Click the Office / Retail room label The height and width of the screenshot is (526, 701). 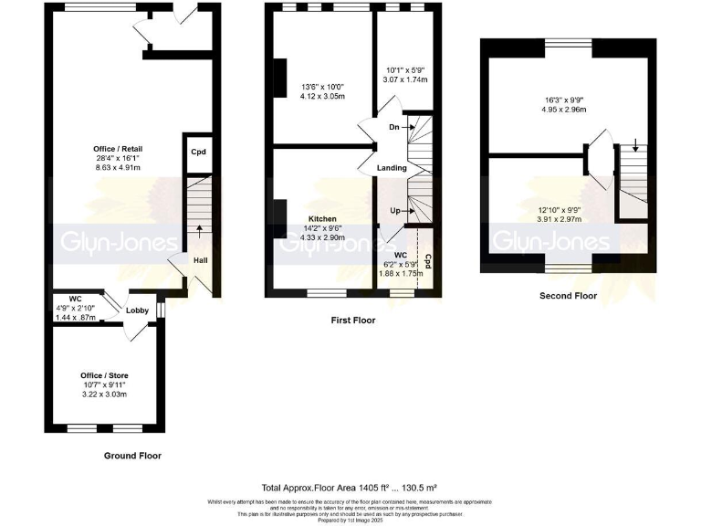[117, 149]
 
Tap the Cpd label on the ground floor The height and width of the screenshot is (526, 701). [198, 153]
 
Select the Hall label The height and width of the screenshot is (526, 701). [199, 260]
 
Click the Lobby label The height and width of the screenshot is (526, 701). [137, 311]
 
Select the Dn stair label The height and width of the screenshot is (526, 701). [393, 127]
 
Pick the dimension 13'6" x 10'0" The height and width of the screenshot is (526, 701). [323, 89]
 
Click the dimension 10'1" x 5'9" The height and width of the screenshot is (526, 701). [407, 70]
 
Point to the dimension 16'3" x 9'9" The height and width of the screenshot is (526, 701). [561, 100]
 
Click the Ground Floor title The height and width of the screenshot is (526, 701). [133, 455]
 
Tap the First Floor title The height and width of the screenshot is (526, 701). [352, 321]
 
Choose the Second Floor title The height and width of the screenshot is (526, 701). [568, 296]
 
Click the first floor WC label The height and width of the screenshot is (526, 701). [399, 255]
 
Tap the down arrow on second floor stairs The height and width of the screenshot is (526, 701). [635, 145]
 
